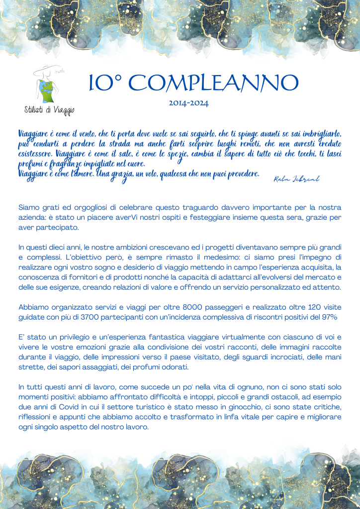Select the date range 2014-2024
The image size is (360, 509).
[x=188, y=103]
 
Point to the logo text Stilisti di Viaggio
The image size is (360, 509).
[x=49, y=110]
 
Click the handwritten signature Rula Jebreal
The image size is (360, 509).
[x=296, y=179]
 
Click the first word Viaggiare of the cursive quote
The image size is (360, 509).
[x=36, y=134]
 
